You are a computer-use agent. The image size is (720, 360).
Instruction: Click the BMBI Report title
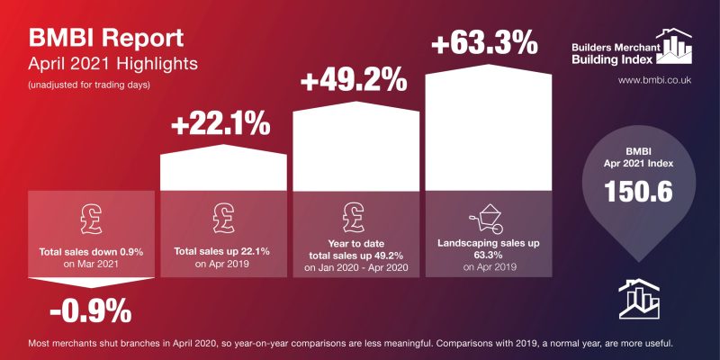[x=106, y=39]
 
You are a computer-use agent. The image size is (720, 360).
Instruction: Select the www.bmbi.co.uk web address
[x=653, y=80]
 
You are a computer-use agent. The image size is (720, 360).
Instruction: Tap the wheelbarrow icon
[x=486, y=219]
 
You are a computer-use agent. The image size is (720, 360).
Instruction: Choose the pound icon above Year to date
[x=354, y=216]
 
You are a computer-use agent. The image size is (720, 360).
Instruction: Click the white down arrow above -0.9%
[x=90, y=285]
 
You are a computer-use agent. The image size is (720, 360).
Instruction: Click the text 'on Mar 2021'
[x=90, y=265]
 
